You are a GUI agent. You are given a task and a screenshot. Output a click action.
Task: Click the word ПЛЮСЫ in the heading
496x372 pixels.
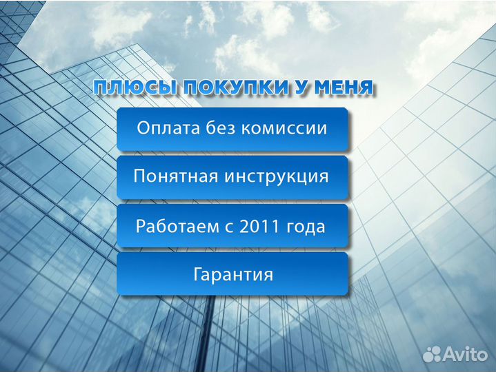(x=132, y=88)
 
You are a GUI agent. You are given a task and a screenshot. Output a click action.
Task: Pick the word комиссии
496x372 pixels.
(x=284, y=129)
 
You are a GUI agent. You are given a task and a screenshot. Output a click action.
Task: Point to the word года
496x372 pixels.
(x=304, y=227)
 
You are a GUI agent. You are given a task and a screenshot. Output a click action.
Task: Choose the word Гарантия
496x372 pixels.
(x=232, y=275)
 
